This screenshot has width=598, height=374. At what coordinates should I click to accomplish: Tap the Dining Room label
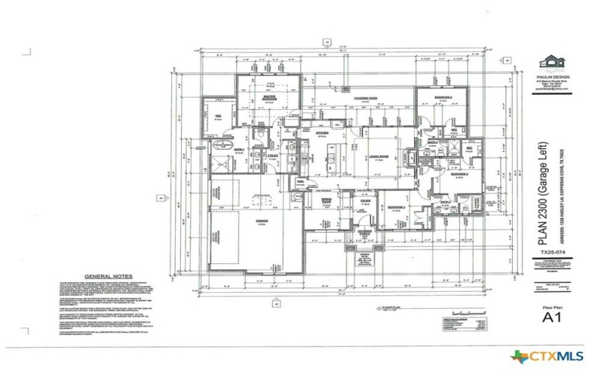326,202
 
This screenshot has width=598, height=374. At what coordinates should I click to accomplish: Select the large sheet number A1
552,316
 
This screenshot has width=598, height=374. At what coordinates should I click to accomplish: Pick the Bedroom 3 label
395,206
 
